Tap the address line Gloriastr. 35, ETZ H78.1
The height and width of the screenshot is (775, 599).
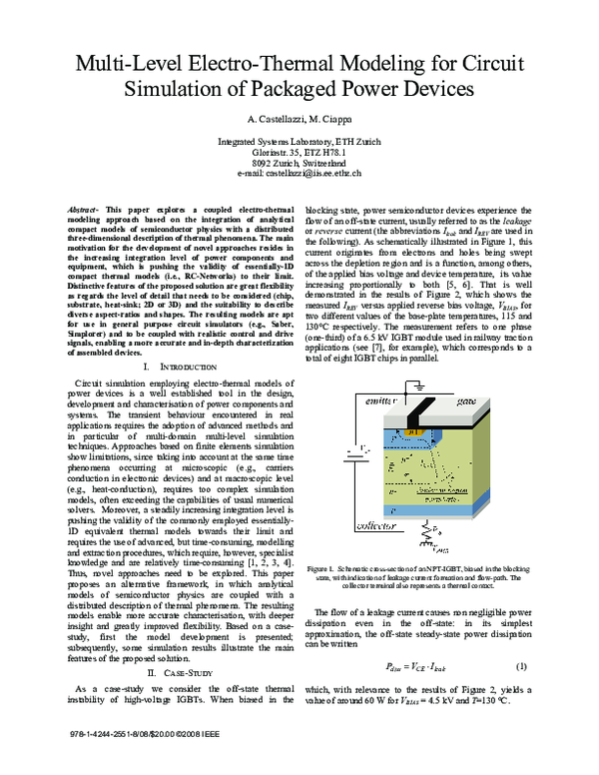pos(299,152)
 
